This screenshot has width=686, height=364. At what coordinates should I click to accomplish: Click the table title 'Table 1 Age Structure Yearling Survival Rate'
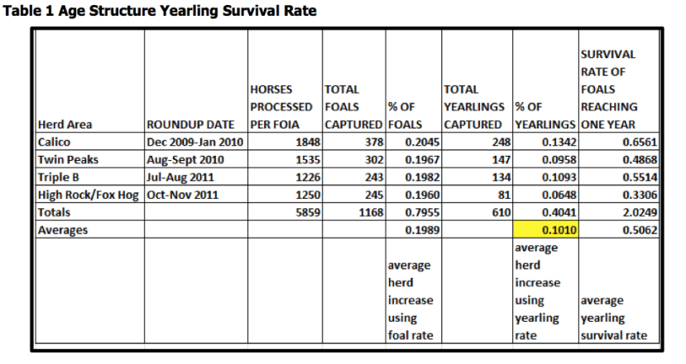tap(160, 11)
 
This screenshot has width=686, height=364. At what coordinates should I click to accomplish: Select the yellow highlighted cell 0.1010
tap(545, 230)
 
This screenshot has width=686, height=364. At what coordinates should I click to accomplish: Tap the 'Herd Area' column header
tap(65, 124)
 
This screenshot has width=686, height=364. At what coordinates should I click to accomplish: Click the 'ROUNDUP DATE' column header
tap(190, 124)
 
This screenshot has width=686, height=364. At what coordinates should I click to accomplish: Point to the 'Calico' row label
tap(54, 142)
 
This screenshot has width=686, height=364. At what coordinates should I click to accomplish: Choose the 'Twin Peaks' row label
tap(68, 160)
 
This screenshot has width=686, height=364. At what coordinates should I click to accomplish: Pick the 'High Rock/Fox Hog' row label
tap(89, 195)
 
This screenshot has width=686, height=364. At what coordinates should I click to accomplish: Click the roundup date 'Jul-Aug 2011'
tap(180, 177)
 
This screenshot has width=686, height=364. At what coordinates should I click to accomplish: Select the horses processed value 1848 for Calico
tap(308, 142)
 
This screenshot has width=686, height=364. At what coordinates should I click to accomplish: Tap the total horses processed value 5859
tap(308, 212)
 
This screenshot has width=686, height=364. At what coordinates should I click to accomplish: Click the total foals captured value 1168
tap(371, 212)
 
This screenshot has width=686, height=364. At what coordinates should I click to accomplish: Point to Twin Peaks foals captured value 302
tap(375, 160)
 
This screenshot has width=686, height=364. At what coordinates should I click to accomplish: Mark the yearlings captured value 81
tap(504, 195)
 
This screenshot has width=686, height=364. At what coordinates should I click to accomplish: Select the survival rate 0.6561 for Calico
tap(640, 142)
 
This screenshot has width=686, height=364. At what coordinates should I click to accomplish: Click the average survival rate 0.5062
tap(640, 230)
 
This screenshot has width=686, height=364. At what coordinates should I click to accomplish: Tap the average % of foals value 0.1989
tap(422, 230)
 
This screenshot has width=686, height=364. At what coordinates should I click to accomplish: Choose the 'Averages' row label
tap(63, 230)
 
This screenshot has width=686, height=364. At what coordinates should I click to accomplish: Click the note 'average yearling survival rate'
tap(614, 318)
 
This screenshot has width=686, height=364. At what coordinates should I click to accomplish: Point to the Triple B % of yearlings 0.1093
tap(559, 177)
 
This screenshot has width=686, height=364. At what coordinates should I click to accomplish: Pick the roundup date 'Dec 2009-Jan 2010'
tap(195, 142)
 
